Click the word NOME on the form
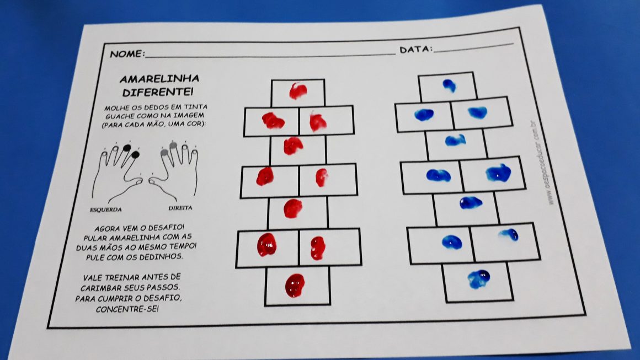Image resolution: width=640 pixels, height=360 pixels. [x=127, y=54]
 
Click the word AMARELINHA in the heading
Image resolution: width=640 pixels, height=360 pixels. [x=159, y=79]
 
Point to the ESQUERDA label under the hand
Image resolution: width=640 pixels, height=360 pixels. [x=106, y=209]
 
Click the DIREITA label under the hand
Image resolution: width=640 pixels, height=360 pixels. [x=180, y=208]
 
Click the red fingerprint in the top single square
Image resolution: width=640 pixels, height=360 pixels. [x=298, y=91]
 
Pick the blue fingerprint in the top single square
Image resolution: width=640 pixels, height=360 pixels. [x=450, y=85]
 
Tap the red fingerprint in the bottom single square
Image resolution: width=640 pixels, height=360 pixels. [x=295, y=286]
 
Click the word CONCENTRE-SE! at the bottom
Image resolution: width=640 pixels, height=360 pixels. [x=127, y=309]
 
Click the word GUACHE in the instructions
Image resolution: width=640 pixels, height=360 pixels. [x=119, y=116]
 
